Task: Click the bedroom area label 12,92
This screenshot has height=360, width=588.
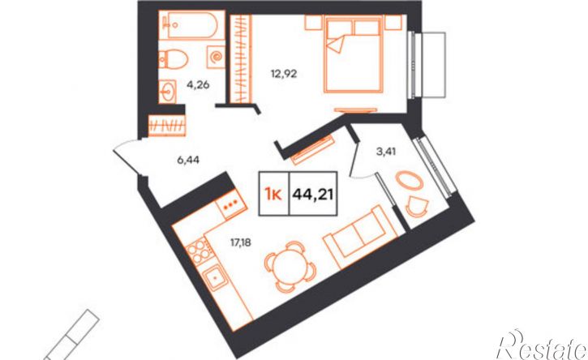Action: [x=284, y=74]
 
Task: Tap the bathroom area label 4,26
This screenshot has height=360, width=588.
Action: [x=198, y=85]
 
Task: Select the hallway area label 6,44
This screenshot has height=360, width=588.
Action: [x=188, y=161]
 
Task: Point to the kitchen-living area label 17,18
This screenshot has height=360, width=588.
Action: [x=240, y=243]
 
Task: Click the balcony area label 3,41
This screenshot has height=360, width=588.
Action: [x=386, y=152]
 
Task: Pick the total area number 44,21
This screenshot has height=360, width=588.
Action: [x=313, y=195]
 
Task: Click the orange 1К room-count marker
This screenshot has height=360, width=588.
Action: [x=273, y=195]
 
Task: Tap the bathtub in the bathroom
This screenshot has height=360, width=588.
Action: [x=191, y=25]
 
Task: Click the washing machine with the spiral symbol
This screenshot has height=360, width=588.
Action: [x=216, y=57]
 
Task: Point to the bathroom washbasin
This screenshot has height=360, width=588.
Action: [x=167, y=91]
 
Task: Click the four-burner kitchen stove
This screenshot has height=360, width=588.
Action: [x=199, y=251]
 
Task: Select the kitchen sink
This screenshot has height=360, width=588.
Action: [x=216, y=277]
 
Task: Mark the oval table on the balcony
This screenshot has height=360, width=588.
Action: [x=409, y=180]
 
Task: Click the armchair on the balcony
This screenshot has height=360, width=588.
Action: [x=417, y=206]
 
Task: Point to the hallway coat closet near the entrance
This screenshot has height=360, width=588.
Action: [x=167, y=125]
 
